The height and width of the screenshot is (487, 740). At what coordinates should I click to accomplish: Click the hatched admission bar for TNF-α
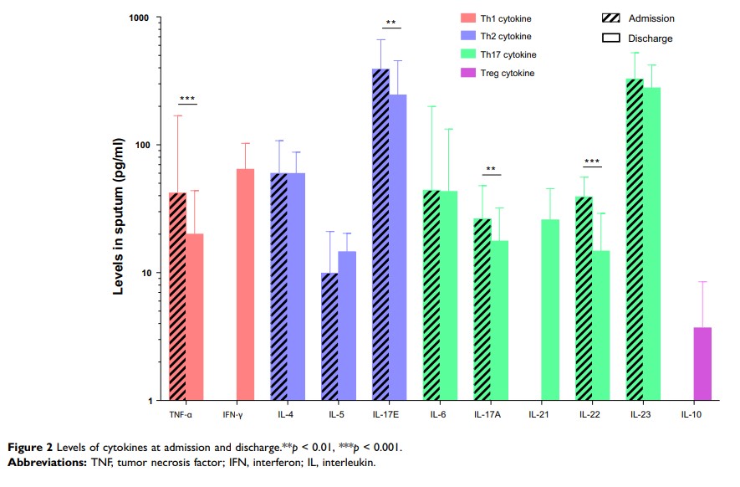click(x=177, y=296)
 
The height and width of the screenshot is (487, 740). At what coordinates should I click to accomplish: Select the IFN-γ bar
click(x=245, y=285)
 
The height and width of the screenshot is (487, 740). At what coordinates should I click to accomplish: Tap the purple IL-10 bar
click(x=702, y=363)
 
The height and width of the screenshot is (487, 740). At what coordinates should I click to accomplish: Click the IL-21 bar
click(x=549, y=310)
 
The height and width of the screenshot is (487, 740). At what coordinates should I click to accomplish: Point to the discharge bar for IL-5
click(x=347, y=326)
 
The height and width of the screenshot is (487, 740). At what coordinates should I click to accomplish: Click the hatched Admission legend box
click(x=610, y=18)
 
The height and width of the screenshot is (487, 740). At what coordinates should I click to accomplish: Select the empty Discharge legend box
click(x=610, y=38)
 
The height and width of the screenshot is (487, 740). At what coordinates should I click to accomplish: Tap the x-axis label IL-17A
click(x=490, y=413)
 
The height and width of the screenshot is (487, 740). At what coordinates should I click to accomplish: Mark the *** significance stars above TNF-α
click(x=186, y=100)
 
